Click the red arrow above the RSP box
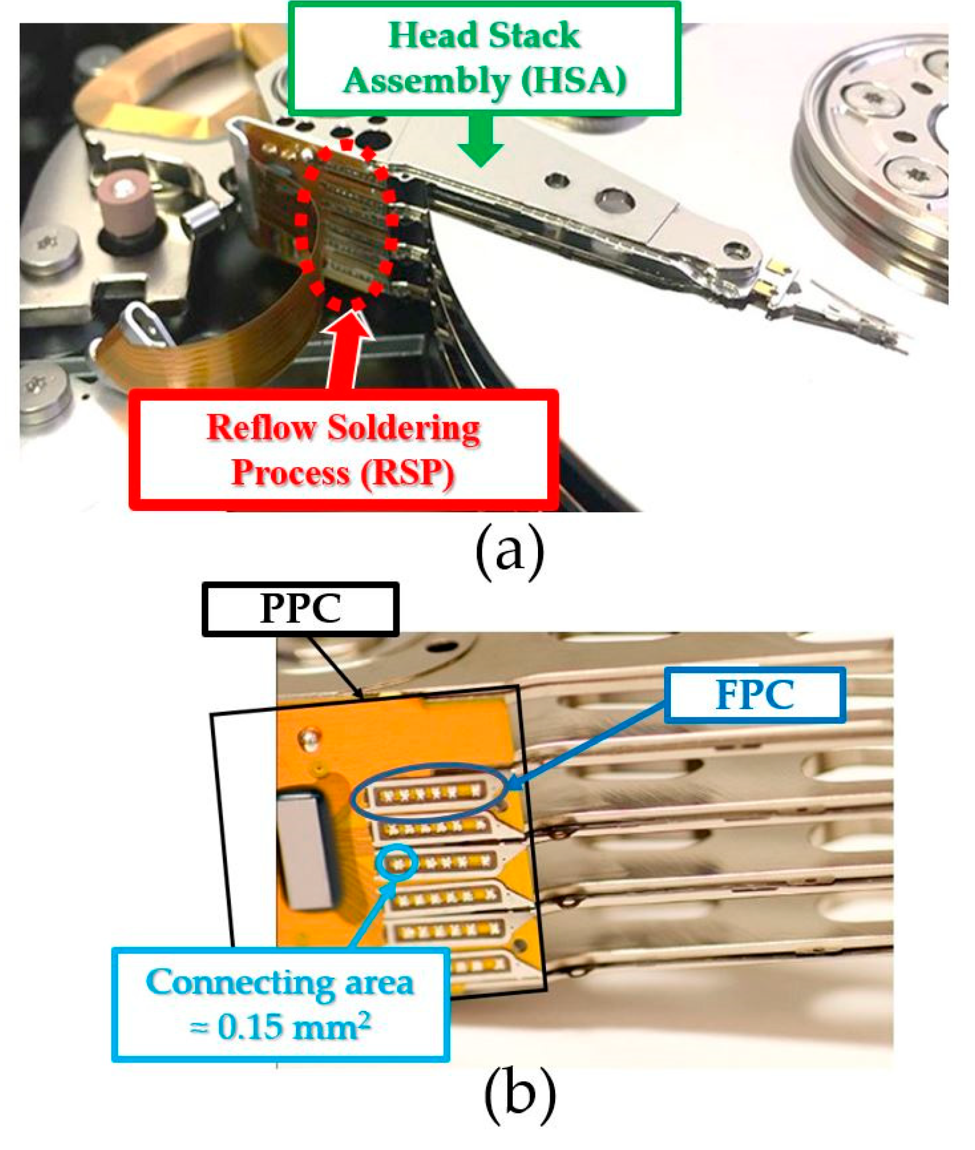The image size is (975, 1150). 347,348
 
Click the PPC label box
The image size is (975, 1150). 300,609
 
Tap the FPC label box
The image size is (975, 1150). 755,694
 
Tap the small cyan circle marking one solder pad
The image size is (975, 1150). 397,863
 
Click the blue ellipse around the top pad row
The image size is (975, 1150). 429,793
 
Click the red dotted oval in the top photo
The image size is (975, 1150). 345,225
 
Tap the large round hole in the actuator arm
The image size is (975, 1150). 614,200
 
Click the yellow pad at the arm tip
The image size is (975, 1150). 778,267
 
